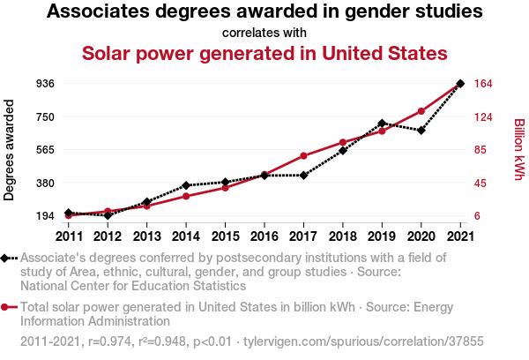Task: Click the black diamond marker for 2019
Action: click(382, 124)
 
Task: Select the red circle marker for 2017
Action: click(303, 156)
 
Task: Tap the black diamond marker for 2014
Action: click(186, 186)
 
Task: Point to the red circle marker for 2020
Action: click(421, 111)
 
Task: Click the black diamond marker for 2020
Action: click(421, 131)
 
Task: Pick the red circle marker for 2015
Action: click(225, 188)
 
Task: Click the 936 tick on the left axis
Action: click(46, 84)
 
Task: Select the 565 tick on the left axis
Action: click(46, 150)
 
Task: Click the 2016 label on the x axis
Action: click(264, 236)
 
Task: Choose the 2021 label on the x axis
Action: click(460, 236)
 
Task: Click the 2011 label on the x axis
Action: click(69, 236)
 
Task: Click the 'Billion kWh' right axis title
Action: click(518, 150)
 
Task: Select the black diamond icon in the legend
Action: click(7, 258)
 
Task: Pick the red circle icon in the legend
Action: click(7, 307)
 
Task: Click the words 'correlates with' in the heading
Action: click(264, 33)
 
